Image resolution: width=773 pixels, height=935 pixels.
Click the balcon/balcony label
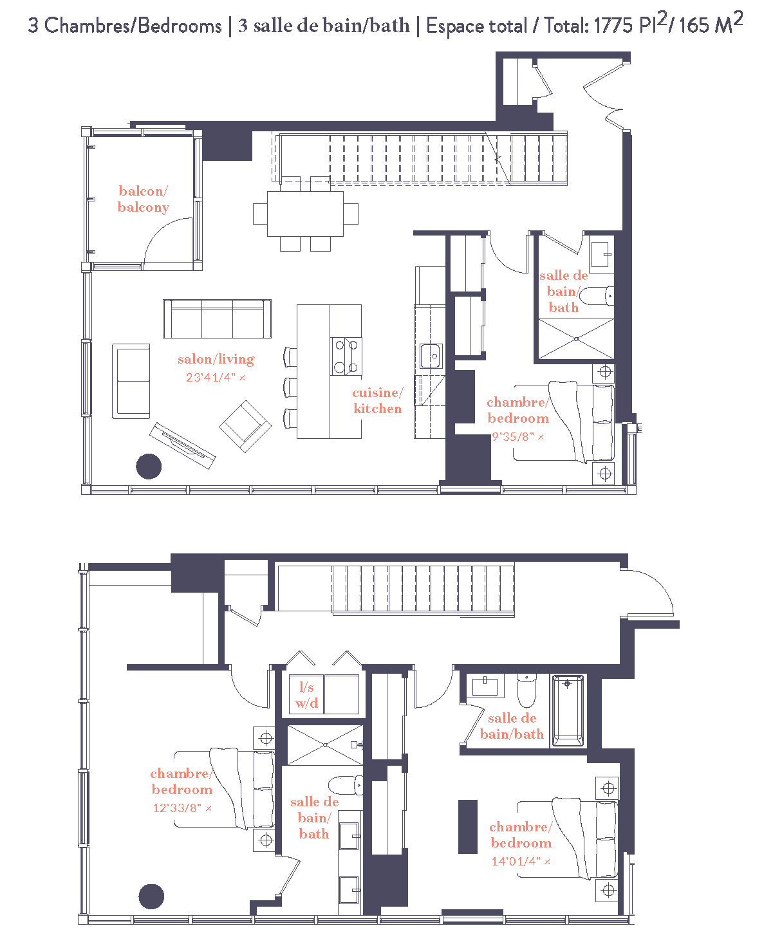[143, 199]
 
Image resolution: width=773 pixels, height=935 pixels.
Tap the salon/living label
[216, 359]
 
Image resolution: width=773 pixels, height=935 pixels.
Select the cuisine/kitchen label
[377, 400]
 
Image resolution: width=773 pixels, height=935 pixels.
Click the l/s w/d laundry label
[306, 695]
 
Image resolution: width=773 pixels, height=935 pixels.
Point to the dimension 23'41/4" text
[215, 378]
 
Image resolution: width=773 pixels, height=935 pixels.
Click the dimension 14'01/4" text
[520, 861]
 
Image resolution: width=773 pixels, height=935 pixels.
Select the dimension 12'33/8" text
[182, 808]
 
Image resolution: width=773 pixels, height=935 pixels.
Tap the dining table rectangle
[306, 214]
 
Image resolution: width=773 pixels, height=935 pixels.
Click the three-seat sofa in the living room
[217, 319]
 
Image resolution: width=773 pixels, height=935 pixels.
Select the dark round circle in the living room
[149, 467]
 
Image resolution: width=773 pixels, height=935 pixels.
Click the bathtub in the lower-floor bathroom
[568, 710]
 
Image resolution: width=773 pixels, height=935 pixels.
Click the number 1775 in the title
[614, 26]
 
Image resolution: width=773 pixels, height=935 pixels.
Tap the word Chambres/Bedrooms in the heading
[133, 26]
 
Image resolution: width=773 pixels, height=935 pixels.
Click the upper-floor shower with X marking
[576, 338]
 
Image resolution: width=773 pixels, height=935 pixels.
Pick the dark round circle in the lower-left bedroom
[151, 896]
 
